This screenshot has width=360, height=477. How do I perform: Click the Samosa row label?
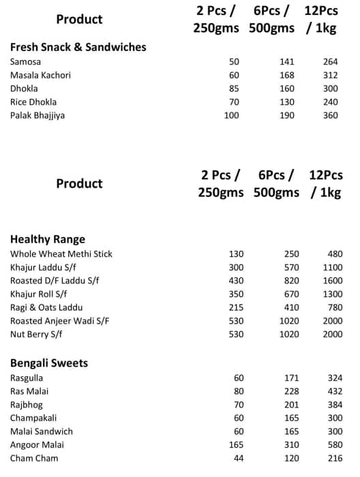[25, 62]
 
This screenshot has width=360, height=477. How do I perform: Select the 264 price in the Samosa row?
[331, 62]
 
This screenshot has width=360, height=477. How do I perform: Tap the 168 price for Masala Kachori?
[287, 75]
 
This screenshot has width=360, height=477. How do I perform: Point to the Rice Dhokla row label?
[33, 102]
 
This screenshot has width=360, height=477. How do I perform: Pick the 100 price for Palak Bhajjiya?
[232, 116]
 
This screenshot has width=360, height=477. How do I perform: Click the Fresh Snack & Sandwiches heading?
[78, 47]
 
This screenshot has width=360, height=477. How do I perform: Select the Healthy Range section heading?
[48, 239]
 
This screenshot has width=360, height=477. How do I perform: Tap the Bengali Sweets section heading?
[49, 363]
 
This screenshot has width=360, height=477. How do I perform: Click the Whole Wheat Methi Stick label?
[61, 254]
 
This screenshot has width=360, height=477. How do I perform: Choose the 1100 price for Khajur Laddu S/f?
[331, 267]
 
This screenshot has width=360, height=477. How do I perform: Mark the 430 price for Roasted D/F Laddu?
[235, 281]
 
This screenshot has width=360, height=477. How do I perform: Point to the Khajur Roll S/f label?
[39, 294]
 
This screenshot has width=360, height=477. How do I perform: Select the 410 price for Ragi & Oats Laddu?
[290, 307]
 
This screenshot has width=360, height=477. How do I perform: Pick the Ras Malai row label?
[29, 391]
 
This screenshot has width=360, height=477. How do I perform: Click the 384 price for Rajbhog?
[334, 405]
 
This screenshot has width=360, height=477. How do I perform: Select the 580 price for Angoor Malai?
[334, 445]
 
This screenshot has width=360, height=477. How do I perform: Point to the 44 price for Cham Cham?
[238, 459]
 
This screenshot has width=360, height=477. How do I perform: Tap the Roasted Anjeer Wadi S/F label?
[60, 321]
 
